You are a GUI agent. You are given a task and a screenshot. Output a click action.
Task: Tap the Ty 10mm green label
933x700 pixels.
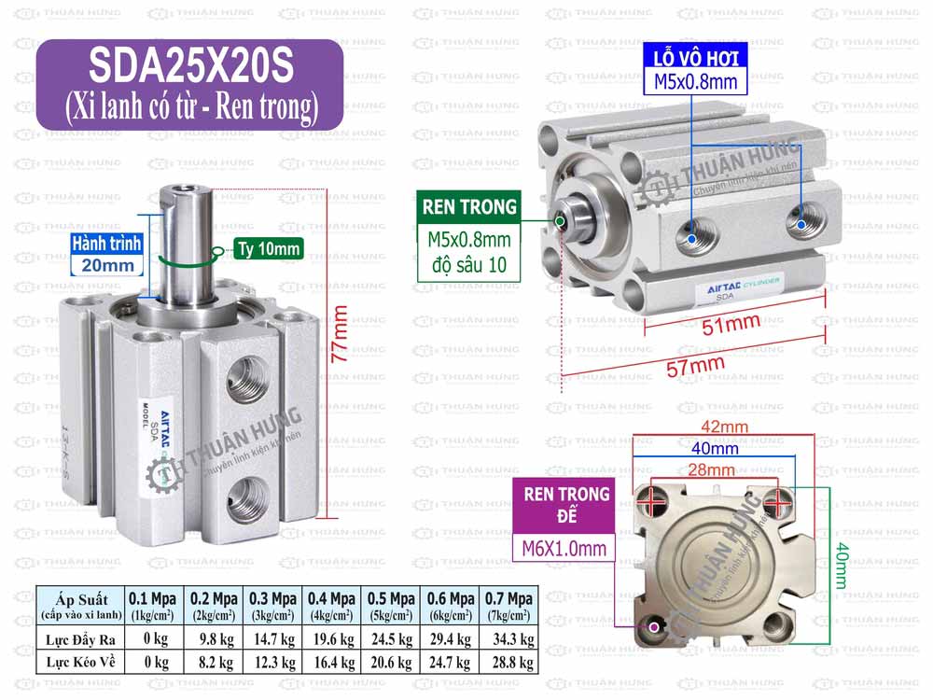point(268,248)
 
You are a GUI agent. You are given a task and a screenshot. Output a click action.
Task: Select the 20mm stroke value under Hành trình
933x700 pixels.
point(106,265)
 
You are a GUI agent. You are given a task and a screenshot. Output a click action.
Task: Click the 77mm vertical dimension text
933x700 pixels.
point(341,333)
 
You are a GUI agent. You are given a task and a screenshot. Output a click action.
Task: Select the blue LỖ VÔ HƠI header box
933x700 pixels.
point(695,58)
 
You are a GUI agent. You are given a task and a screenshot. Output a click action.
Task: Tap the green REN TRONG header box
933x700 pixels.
point(469,206)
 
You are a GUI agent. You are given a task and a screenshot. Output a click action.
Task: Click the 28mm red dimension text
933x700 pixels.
point(712,469)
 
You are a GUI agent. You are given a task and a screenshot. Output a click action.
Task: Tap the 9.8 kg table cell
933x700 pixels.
point(212,639)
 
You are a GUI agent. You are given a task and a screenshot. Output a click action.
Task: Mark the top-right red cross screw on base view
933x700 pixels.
point(777,501)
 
